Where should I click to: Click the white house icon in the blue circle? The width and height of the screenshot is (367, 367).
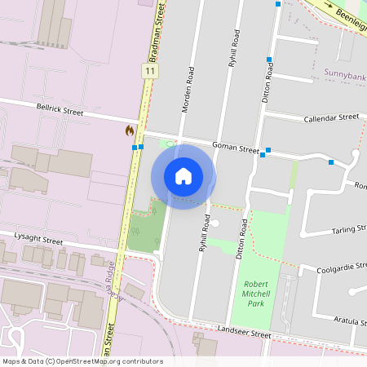point(183,176)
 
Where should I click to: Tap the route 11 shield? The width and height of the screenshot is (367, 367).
point(149,72)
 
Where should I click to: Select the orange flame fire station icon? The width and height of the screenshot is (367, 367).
point(129,130)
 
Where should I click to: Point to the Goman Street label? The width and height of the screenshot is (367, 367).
point(236,148)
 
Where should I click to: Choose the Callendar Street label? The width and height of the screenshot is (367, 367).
point(331,118)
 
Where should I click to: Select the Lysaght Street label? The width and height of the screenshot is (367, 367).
point(39,241)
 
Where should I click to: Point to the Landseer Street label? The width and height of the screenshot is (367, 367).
point(244,333)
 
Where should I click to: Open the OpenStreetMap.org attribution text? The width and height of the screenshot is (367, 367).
point(82,361)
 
